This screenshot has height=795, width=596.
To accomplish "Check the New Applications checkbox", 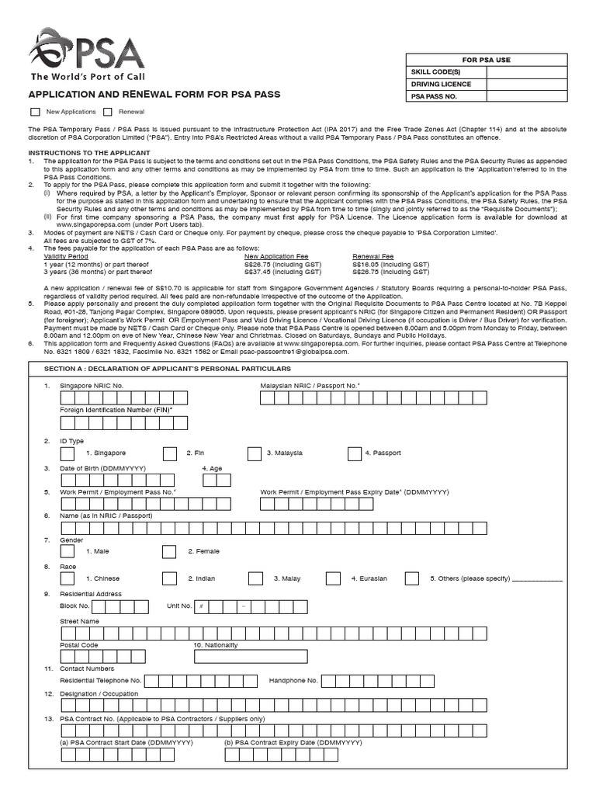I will coord(35,112).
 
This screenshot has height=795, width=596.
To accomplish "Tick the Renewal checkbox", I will coord(108,112).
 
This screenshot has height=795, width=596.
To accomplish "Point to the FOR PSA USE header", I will coord(487,60).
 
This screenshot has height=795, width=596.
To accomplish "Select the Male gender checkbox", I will coord(68,551).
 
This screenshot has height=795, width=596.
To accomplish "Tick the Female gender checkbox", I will coord(169,551).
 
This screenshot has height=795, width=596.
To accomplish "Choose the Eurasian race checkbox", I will coord(333,578).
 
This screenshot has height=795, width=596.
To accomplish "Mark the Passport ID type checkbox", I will coord(354,453).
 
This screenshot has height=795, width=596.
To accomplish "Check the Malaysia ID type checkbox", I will coord(255,453).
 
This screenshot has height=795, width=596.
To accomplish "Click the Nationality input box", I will coord(267,657).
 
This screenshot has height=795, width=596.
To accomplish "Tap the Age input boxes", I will coord(223,480).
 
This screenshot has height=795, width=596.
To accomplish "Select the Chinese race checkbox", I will coord(68,578).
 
